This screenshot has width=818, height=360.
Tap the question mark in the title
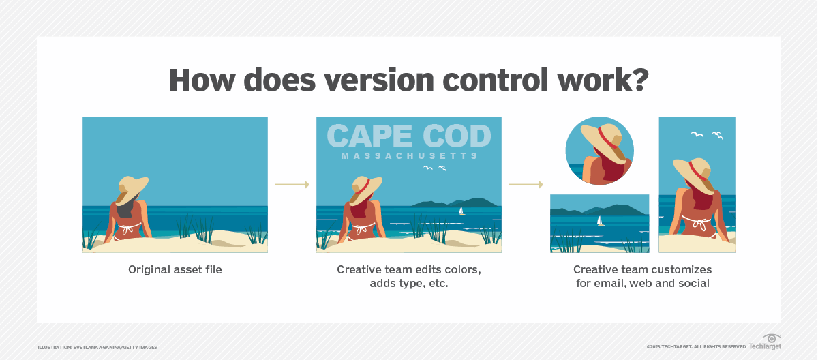639,80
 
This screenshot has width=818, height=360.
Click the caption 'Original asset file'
175,270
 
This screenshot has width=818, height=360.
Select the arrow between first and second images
292,184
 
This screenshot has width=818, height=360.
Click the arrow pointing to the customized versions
526,184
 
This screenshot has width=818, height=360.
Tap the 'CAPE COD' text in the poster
409,136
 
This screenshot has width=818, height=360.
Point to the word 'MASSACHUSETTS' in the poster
409,156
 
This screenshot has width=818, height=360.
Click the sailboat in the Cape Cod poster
461,211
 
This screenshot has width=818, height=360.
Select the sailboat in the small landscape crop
600,221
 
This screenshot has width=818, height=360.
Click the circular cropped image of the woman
600,151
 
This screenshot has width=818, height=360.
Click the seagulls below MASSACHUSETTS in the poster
434,168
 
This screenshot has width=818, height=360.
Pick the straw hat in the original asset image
133,186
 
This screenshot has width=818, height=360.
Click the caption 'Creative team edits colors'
409,270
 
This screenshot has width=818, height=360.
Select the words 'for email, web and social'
643,283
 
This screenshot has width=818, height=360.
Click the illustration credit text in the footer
97,347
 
